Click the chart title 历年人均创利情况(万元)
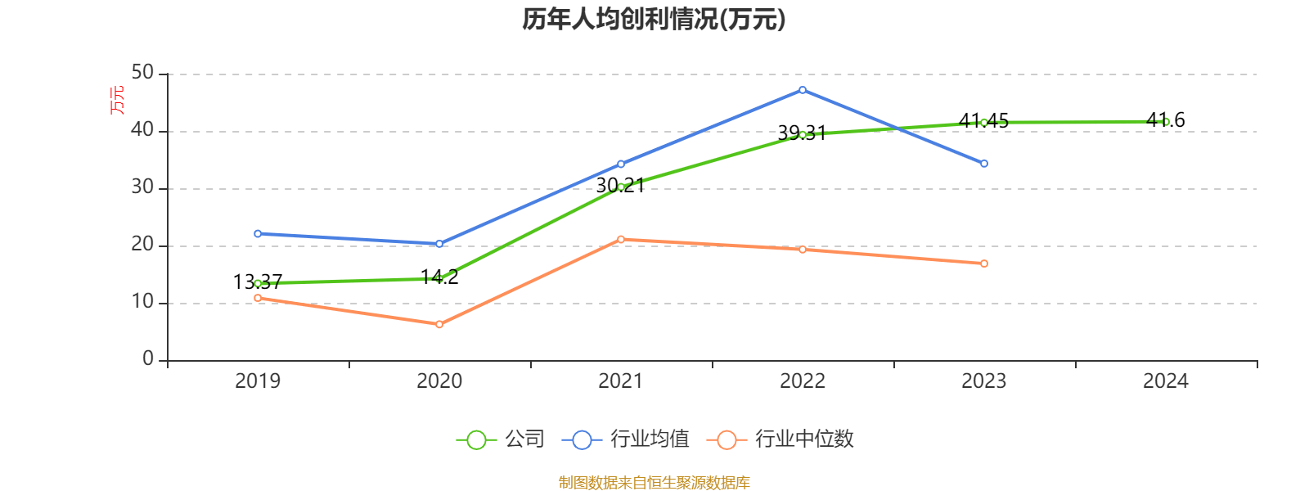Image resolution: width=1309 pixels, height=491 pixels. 654,20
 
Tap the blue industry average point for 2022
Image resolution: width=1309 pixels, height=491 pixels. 803,90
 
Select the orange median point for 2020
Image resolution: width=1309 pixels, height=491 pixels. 439,325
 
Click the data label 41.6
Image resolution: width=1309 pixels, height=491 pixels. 1166,120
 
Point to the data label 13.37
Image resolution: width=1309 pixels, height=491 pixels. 258,282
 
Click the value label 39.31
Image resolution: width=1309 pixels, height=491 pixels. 802,133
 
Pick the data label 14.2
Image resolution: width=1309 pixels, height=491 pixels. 439,277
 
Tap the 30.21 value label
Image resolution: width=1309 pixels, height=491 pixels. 620,186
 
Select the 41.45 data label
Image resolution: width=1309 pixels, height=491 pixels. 983,121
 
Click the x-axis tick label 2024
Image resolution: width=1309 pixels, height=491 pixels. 1165,381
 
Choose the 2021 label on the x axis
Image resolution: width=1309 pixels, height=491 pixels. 621,381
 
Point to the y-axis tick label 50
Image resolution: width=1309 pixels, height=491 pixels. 142,73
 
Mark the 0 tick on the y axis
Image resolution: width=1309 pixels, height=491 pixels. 148,359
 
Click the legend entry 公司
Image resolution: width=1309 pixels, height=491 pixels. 501,439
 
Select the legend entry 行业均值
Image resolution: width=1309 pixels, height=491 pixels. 626,439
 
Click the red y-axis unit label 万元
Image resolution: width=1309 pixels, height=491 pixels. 118,100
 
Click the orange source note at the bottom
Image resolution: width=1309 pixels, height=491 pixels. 654,482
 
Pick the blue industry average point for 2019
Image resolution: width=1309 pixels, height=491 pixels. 258,234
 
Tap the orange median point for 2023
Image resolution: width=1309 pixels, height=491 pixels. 984,264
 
